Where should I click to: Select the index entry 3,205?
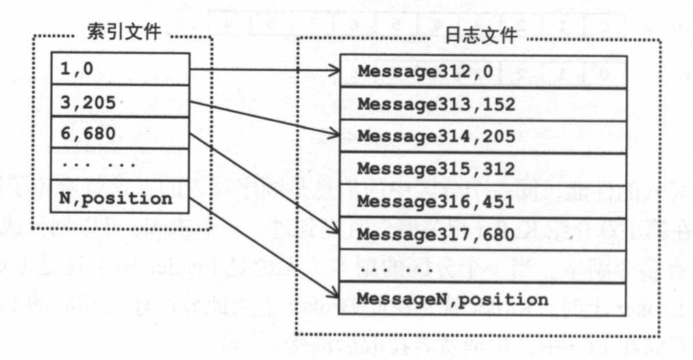(x=120, y=102)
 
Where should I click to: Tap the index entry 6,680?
(x=120, y=133)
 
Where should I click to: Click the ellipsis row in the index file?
(x=120, y=165)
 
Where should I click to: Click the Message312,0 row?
(x=483, y=72)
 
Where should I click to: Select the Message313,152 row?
(x=483, y=104)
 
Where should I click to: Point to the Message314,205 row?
(x=483, y=136)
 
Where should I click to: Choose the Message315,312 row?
(x=483, y=168)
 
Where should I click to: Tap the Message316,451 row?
(x=483, y=200)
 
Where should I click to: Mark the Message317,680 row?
(x=483, y=234)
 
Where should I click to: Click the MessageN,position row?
(x=483, y=299)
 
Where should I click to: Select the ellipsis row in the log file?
(x=483, y=267)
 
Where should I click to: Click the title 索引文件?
(x=123, y=32)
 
